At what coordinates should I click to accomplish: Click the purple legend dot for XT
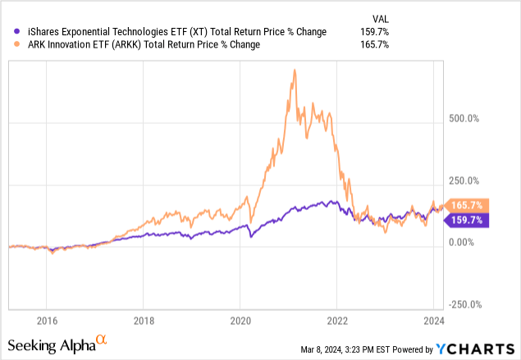tap(11, 32)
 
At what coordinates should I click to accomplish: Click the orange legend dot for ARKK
tap(11, 45)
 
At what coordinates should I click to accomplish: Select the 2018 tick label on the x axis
tap(144, 321)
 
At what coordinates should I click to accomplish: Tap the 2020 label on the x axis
tap(240, 321)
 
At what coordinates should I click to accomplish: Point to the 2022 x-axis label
tap(337, 321)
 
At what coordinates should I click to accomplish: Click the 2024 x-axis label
tap(434, 321)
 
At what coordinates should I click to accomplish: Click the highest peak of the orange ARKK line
tap(294, 71)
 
